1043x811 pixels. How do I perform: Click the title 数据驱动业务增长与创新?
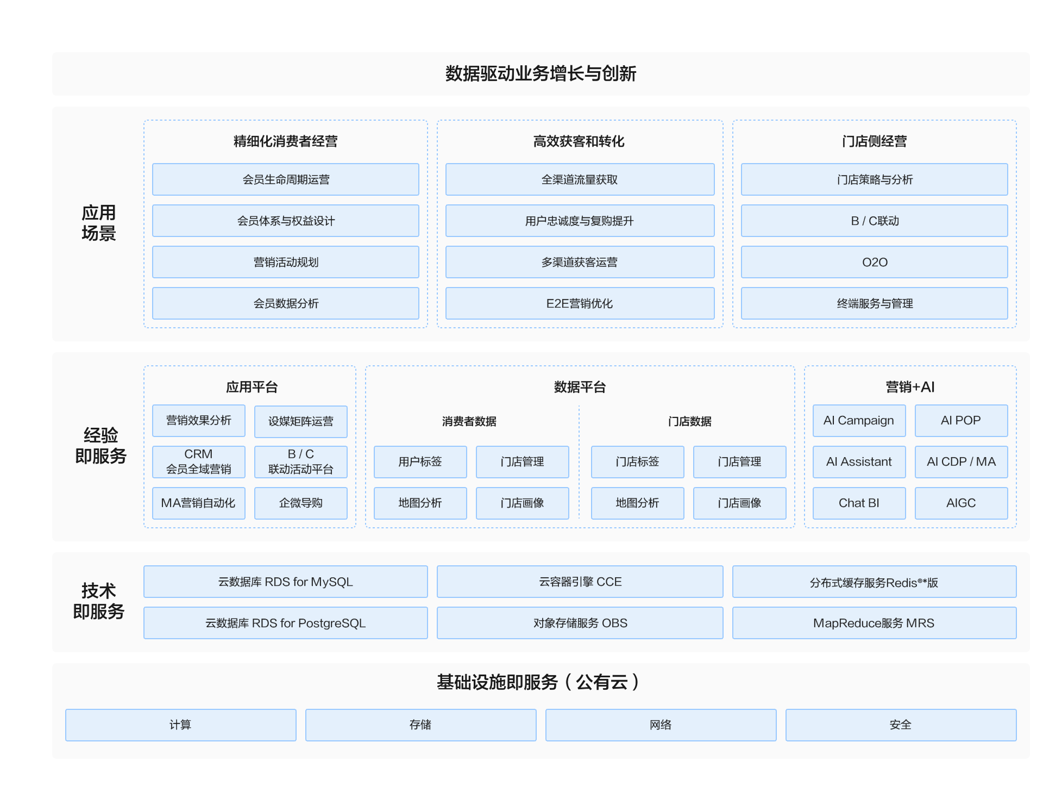[541, 73]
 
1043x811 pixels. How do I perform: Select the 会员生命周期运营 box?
[286, 179]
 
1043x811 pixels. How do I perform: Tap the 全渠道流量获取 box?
[580, 179]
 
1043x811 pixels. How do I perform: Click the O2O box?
[874, 262]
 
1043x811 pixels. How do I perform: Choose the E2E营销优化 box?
[580, 303]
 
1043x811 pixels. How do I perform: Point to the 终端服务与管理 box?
[874, 303]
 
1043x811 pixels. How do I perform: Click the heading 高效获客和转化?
[579, 141]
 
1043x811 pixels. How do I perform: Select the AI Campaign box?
[859, 420]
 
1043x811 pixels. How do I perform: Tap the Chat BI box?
[859, 503]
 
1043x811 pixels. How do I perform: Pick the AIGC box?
[961, 503]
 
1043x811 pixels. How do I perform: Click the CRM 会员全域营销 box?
[198, 461]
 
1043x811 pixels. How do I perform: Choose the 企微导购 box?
[300, 503]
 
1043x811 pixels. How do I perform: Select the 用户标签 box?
[420, 461]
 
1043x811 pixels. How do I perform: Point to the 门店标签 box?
[637, 461]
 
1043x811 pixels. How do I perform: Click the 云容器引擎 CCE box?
[580, 582]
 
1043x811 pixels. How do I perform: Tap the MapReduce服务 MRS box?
[874, 623]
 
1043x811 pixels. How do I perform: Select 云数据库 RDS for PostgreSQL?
[286, 623]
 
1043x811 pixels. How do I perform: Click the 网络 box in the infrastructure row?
[661, 725]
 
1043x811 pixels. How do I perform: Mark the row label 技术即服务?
[99, 601]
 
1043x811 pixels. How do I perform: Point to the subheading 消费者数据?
[469, 421]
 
